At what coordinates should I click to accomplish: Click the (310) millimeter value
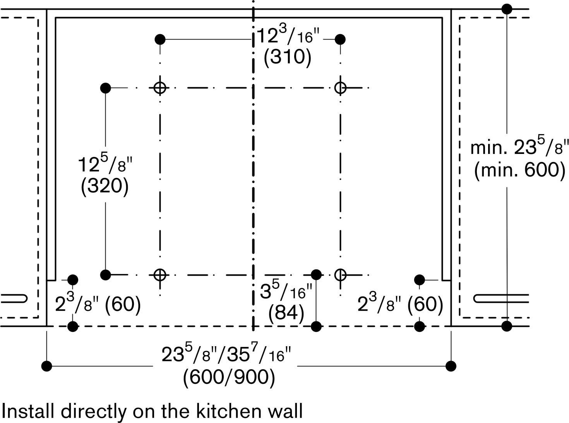[287, 57]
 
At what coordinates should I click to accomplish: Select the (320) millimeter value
[105, 186]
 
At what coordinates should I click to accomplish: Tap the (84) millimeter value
[286, 313]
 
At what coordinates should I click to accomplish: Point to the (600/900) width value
[229, 377]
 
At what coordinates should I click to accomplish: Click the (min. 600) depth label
[520, 170]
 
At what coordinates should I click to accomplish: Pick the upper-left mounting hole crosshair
[160, 88]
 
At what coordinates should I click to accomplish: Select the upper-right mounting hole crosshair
[340, 88]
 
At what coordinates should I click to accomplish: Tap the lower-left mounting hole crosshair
[160, 275]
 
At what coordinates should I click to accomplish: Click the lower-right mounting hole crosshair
[340, 275]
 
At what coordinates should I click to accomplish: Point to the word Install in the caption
[29, 411]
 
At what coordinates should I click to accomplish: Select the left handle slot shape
[14, 299]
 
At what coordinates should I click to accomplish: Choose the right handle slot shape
[501, 299]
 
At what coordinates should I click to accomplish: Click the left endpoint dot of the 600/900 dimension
[47, 366]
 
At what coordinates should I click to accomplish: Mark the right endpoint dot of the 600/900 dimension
[451, 366]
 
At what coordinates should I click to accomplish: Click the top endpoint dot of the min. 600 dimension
[507, 9]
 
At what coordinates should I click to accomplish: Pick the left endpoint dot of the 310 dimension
[160, 39]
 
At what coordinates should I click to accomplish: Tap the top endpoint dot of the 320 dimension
[105, 88]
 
